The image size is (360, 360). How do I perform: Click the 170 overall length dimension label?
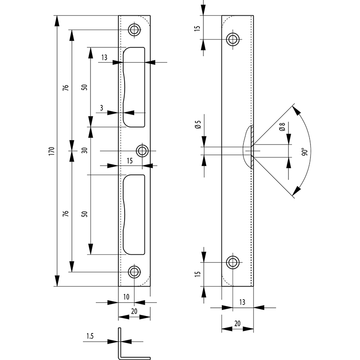pyautogui.click(x=51, y=151)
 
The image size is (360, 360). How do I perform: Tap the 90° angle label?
pyautogui.click(x=305, y=152)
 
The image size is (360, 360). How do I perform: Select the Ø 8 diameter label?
pyautogui.click(x=282, y=127)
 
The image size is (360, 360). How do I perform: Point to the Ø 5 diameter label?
pyautogui.click(x=198, y=125)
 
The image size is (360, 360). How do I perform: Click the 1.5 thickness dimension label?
pyautogui.click(x=90, y=336)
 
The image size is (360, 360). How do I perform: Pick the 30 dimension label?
pyautogui.click(x=85, y=150)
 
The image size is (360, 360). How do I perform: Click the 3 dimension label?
pyautogui.click(x=102, y=108)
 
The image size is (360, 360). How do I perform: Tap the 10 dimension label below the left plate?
pyautogui.click(x=126, y=297)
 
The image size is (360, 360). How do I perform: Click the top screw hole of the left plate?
pyautogui.click(x=134, y=29)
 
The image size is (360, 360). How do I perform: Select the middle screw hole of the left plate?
pyautogui.click(x=142, y=151)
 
